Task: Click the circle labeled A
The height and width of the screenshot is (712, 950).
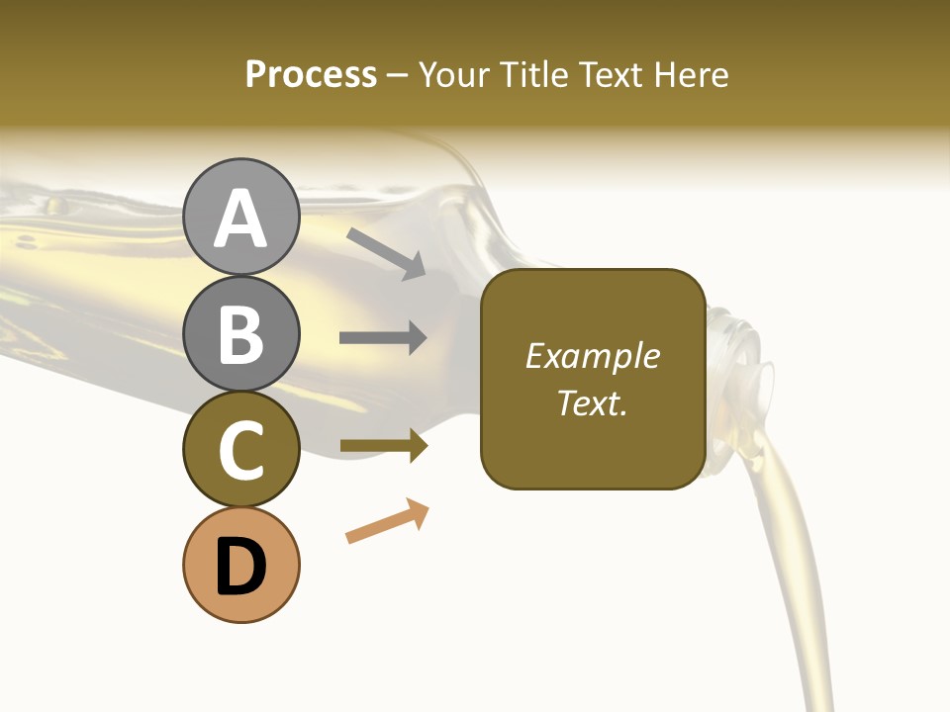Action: (240, 217)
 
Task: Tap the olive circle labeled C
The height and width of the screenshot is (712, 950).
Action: (240, 450)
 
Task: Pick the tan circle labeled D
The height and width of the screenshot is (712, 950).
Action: (240, 565)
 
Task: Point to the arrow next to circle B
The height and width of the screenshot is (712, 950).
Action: (383, 338)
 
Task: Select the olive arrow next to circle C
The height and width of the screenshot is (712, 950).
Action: (383, 446)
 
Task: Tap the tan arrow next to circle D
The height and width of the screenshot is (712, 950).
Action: (387, 521)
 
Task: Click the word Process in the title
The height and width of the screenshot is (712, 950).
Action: (311, 75)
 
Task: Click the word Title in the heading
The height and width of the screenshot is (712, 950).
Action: (533, 75)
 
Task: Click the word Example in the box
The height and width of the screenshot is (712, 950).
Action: (592, 356)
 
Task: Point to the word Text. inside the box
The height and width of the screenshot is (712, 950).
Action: (592, 402)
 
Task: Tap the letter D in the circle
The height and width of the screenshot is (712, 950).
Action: (240, 568)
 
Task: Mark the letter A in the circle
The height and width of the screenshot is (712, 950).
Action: (240, 219)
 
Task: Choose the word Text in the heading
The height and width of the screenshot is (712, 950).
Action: (610, 75)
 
